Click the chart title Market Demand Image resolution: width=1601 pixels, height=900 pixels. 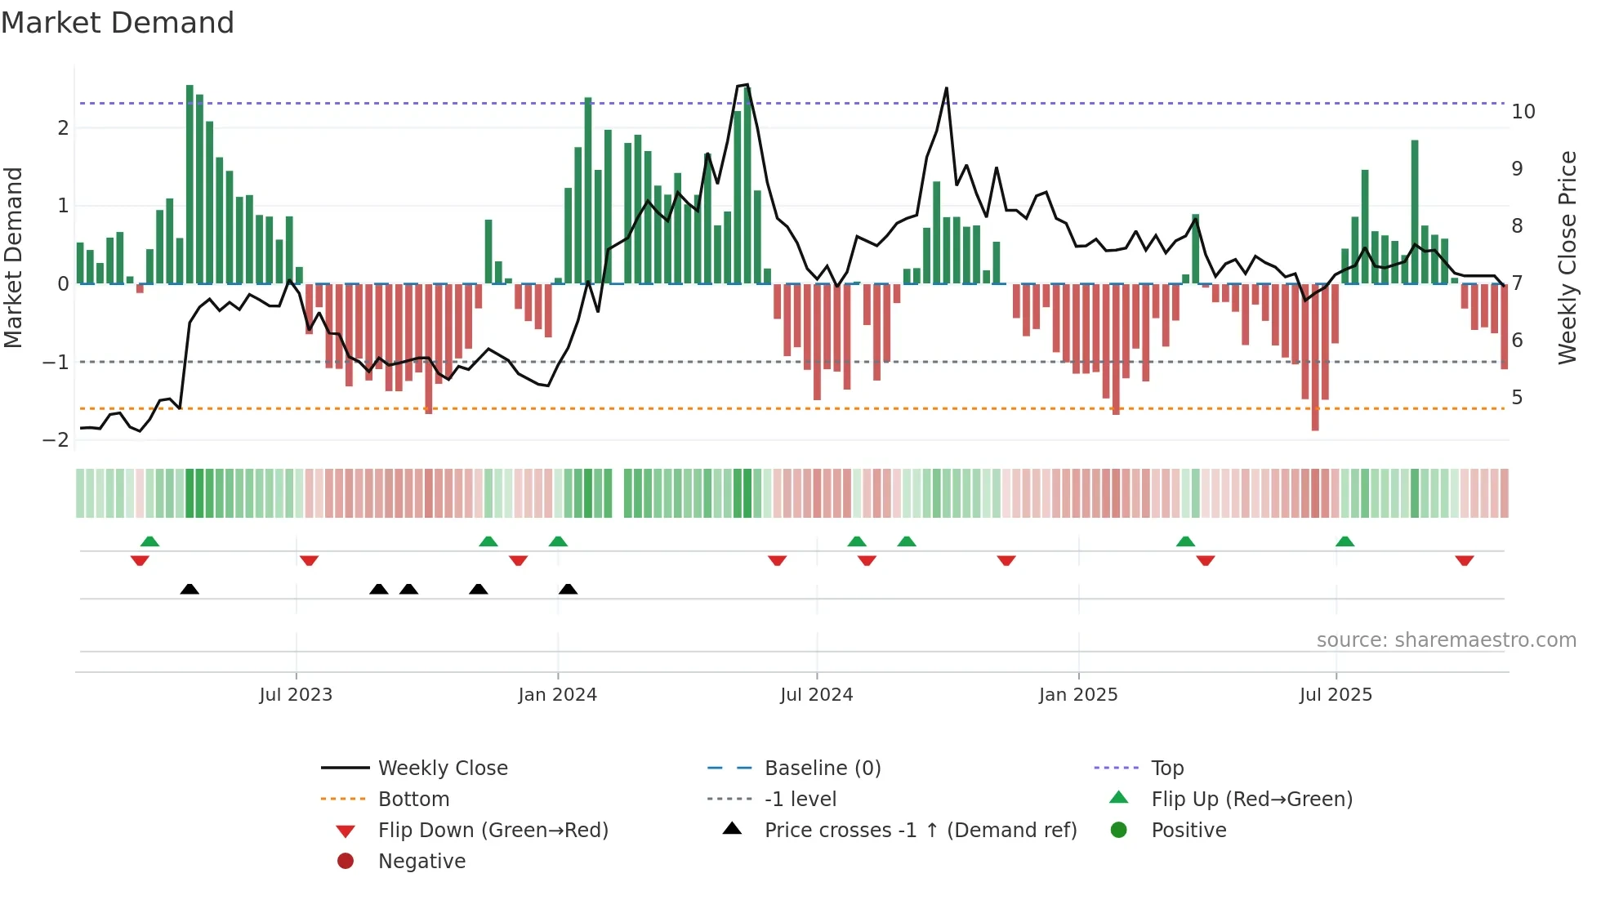click(118, 23)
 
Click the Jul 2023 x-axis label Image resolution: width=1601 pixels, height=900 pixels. click(296, 695)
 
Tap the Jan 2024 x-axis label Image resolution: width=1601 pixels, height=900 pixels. click(558, 695)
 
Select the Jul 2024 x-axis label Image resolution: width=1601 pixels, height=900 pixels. click(817, 695)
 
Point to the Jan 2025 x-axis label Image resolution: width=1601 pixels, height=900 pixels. click(1078, 695)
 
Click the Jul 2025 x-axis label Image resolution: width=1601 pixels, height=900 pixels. click(1336, 695)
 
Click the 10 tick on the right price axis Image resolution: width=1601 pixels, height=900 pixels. click(1523, 112)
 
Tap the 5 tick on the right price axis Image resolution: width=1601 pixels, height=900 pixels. click(1518, 398)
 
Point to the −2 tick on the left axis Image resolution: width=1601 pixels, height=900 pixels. click(56, 440)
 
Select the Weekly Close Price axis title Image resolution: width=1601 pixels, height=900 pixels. click(1567, 257)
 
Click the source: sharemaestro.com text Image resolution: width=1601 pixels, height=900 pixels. click(1446, 640)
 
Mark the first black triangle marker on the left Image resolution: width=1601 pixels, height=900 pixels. click(190, 589)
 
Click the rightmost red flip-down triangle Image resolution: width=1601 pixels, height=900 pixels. click(1465, 560)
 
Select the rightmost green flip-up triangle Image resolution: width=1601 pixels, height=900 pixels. click(1345, 541)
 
